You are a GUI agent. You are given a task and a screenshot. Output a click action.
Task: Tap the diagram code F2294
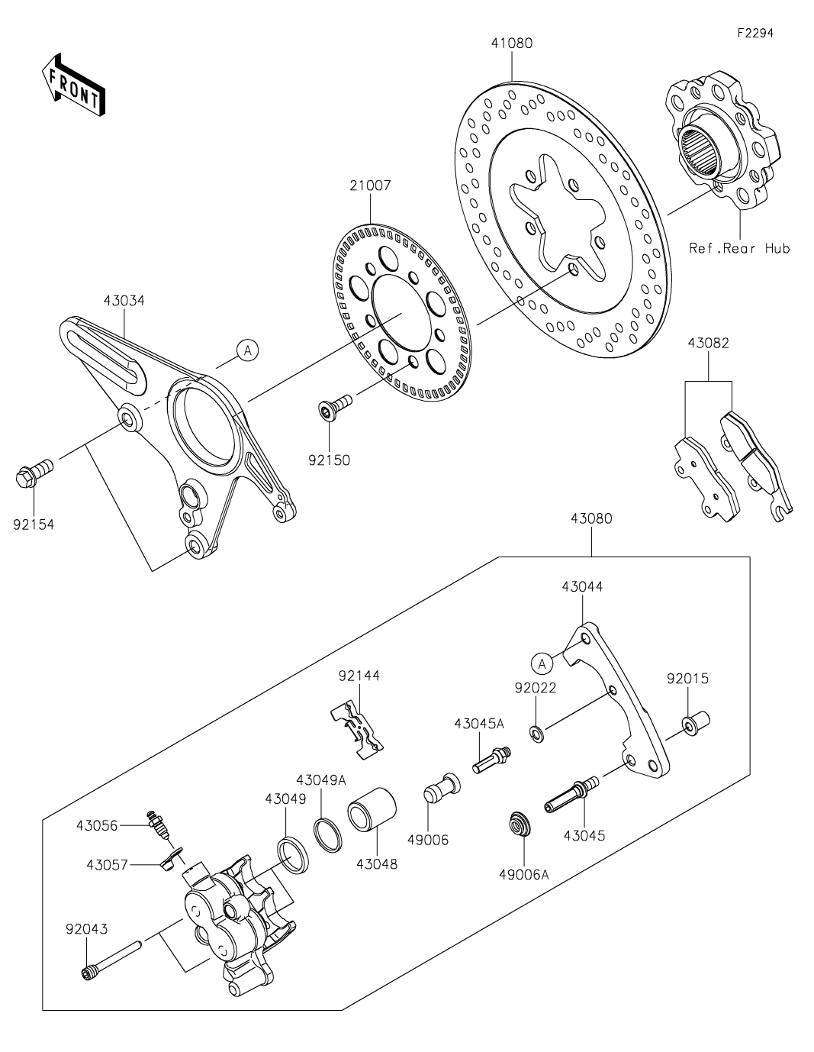tap(755, 33)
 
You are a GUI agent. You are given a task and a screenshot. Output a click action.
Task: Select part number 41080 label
tap(512, 44)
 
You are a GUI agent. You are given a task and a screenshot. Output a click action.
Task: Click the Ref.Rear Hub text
tap(739, 248)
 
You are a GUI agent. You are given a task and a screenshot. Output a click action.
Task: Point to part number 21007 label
tap(371, 186)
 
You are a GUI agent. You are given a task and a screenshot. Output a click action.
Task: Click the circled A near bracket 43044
tap(542, 663)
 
